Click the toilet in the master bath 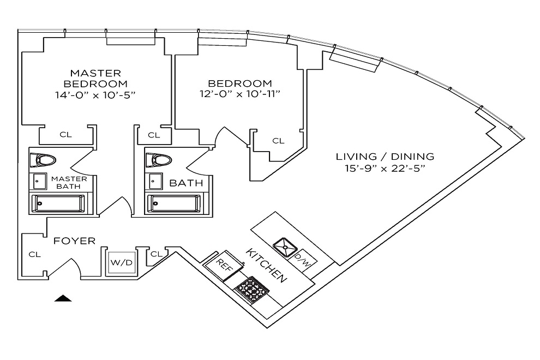point(43,160)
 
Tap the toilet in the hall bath point(159,160)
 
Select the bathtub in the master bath point(58,203)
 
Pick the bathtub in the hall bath point(174,203)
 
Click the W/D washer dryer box point(122,263)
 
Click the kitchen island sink point(285,247)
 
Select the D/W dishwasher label point(302,260)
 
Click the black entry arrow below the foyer point(63,298)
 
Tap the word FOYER point(74,241)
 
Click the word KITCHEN point(266,266)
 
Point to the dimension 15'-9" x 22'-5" point(385,169)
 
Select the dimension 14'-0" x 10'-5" point(95,95)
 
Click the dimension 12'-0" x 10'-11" point(240,94)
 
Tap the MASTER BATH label point(69,183)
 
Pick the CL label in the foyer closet point(34,255)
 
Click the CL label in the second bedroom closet point(278,141)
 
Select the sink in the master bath point(40,182)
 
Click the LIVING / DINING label point(385,157)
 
